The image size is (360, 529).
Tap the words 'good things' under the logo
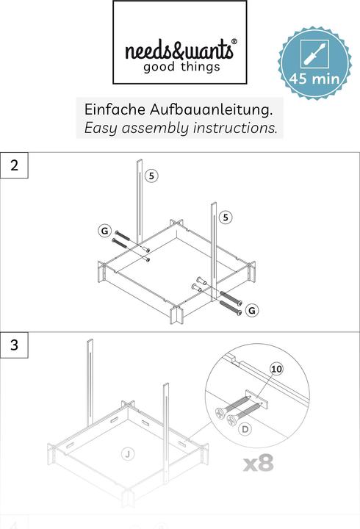[181, 68]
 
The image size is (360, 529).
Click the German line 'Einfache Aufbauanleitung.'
[179, 109]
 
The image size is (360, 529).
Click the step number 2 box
[15, 165]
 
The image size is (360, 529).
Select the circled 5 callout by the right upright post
[226, 217]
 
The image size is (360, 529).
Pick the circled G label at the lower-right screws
[252, 311]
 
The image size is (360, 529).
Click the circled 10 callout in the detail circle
[276, 368]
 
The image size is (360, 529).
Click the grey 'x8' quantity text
[258, 464]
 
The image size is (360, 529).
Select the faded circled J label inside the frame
[127, 455]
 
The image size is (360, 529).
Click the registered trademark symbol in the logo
[234, 43]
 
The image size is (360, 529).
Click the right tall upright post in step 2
[213, 250]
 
